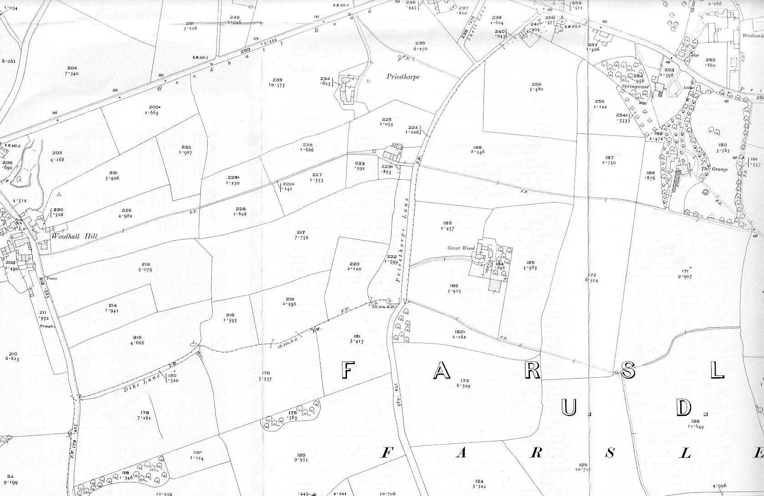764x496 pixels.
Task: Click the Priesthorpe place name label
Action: click(403, 77)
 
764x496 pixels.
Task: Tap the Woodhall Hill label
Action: click(70, 237)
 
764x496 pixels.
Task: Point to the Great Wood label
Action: click(461, 248)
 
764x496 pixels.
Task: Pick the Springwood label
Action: click(635, 86)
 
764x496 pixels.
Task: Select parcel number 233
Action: click(277, 80)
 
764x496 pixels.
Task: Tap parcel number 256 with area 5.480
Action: click(536, 84)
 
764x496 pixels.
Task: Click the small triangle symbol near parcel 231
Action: click(59, 194)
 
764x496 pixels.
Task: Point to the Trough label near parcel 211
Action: click(46, 326)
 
